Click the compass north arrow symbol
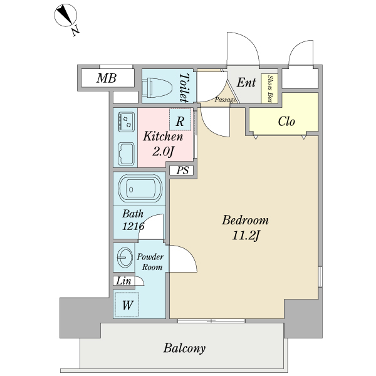[65, 16]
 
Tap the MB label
[107, 78]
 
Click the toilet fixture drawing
[157, 88]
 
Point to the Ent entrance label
[246, 83]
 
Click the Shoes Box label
[270, 89]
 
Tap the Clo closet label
[286, 122]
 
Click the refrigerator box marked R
[180, 120]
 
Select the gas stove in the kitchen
[126, 122]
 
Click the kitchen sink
[126, 154]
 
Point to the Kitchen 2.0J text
[163, 144]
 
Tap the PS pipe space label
[182, 170]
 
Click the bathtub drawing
[140, 189]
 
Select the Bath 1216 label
[133, 220]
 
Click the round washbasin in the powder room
[125, 258]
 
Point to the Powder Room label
[150, 262]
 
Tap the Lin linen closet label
[123, 281]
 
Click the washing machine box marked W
[127, 305]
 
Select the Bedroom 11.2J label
[245, 227]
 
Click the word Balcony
[184, 348]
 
